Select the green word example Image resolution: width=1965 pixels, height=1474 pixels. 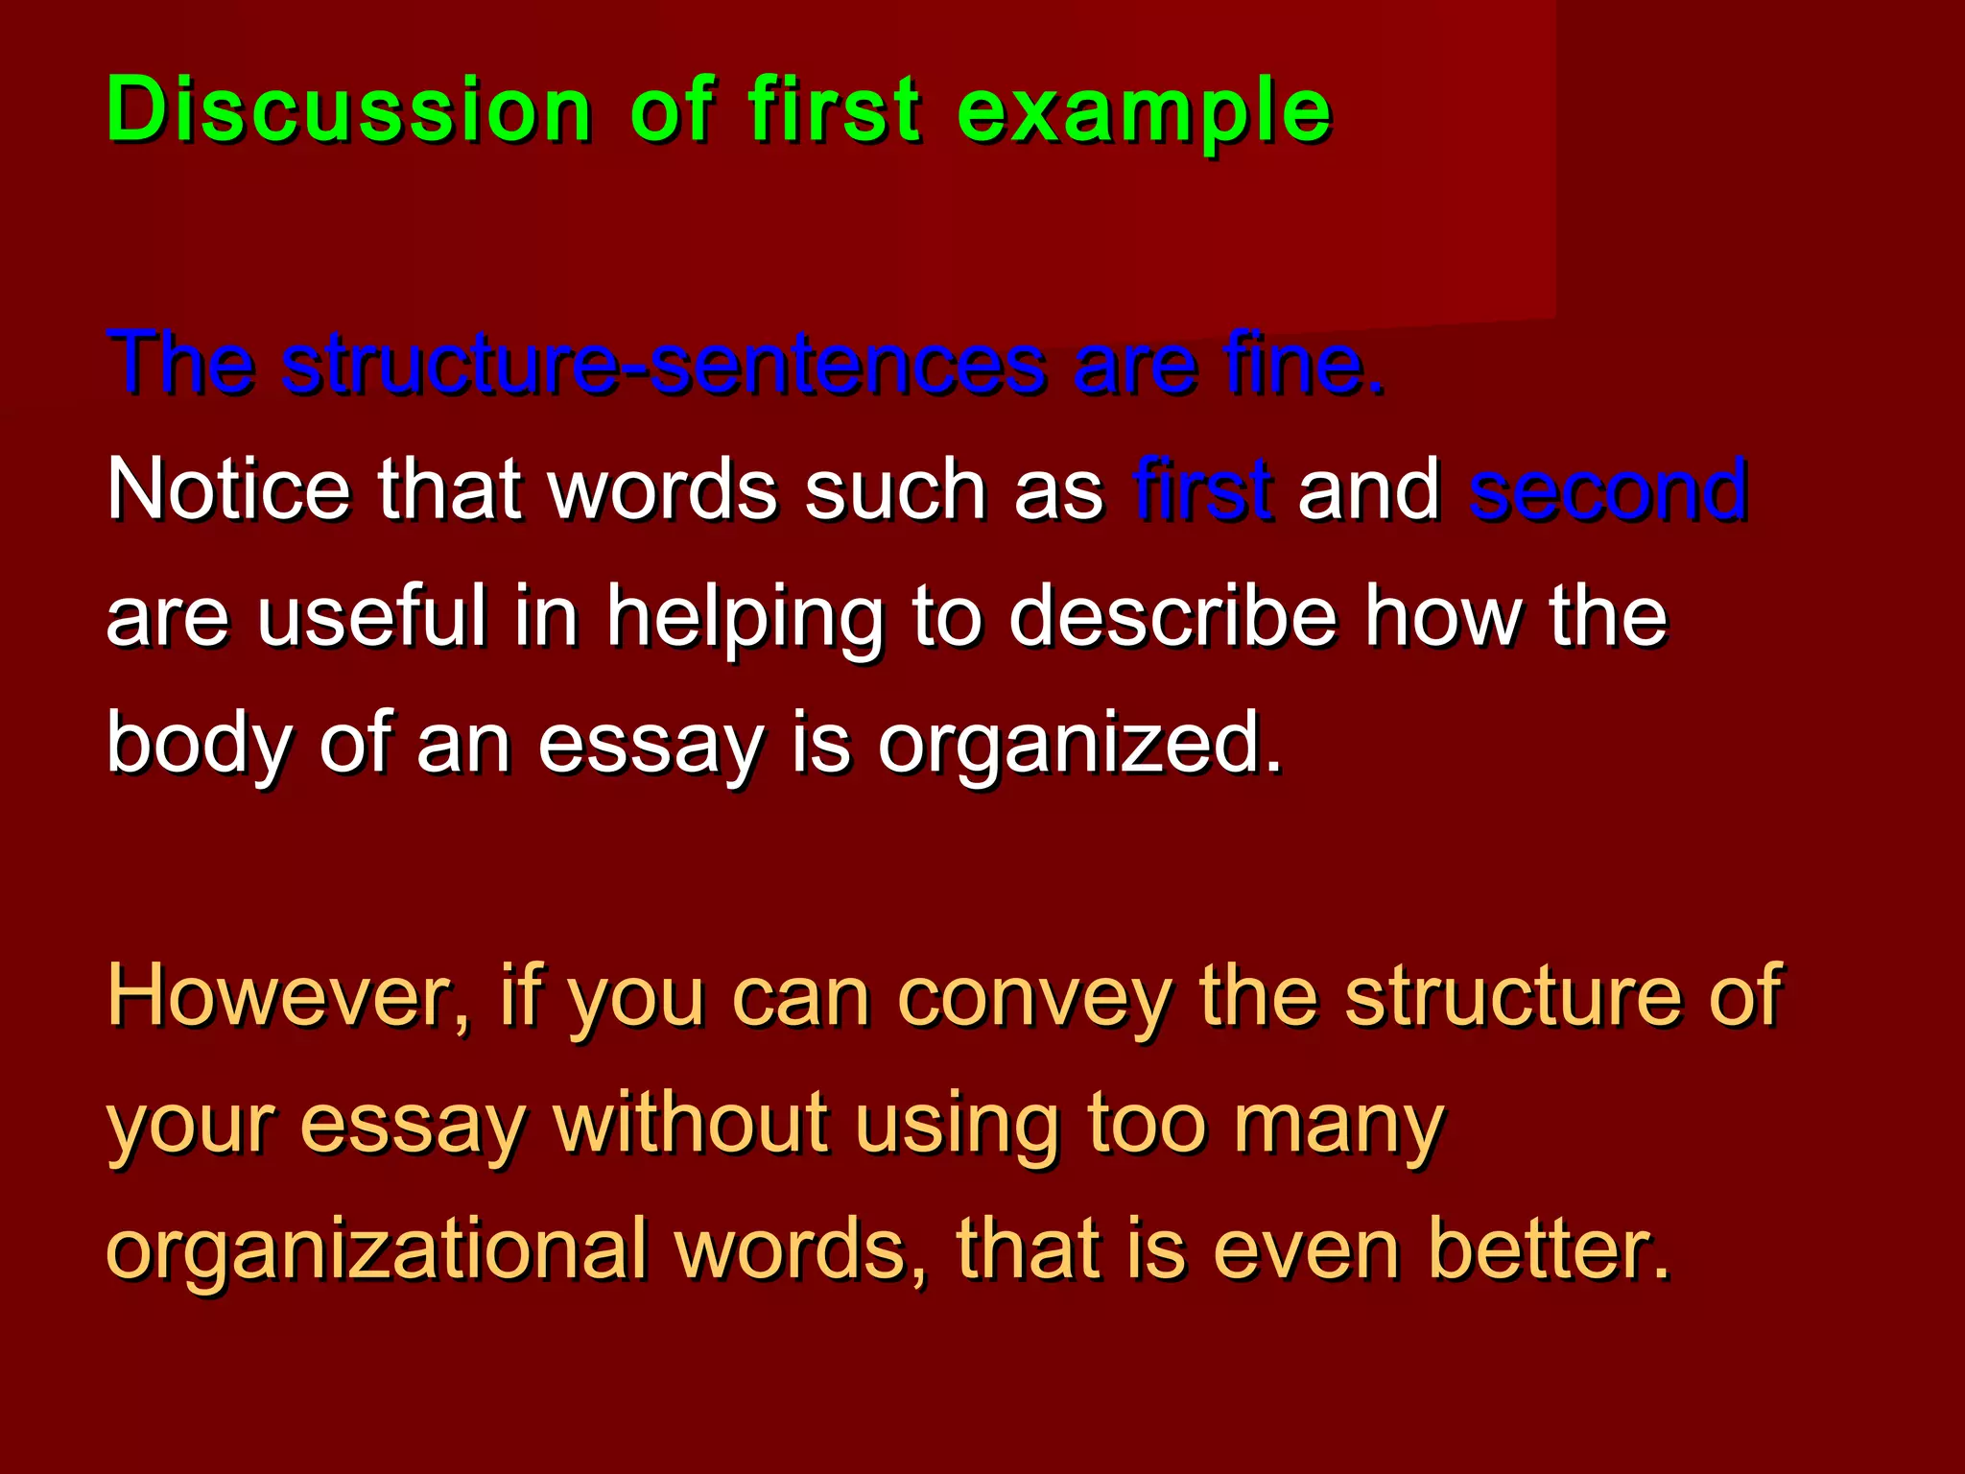pos(1144,111)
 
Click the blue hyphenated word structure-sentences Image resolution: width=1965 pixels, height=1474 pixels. pos(663,365)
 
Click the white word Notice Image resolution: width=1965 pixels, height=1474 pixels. pos(228,489)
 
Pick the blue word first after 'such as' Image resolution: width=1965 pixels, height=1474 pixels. pos(1202,489)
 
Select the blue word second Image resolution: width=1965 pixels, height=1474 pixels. pos(1607,489)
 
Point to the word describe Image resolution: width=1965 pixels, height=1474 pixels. pos(1172,616)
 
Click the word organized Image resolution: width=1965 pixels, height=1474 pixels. pos(1079,745)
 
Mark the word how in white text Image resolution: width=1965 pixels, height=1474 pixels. pos(1442,616)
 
